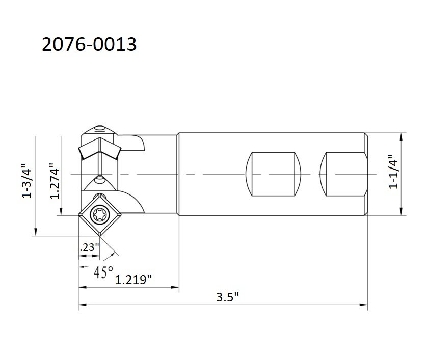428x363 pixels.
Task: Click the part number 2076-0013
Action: pos(89,45)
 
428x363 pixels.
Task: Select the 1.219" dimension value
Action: pos(134,280)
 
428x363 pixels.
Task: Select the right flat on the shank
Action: pos(342,174)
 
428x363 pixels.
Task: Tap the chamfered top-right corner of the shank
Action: pos(366,135)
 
